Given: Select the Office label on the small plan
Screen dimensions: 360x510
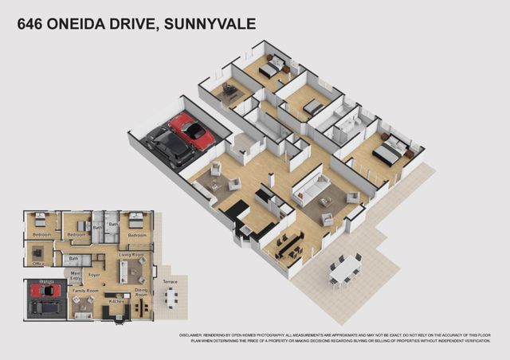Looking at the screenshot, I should click(x=38, y=264).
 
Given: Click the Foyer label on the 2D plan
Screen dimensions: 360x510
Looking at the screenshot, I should click(x=94, y=275).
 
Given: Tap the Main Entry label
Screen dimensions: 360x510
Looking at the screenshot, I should click(x=76, y=276).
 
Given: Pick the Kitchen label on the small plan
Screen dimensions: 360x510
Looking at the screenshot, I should click(x=116, y=301).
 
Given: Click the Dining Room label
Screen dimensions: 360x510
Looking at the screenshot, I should click(x=141, y=292).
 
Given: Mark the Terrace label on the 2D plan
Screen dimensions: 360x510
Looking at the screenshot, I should click(x=170, y=281).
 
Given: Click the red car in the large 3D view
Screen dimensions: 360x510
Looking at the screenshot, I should click(x=192, y=130).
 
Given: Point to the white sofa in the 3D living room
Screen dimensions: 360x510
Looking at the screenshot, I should click(x=312, y=190).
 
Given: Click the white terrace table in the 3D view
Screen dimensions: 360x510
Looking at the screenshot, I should click(x=345, y=271).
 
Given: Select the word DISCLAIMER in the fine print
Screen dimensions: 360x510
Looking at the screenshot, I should click(x=194, y=335).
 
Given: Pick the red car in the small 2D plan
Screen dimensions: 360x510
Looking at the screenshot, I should click(x=45, y=290).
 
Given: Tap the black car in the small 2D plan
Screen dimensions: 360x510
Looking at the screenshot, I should click(x=46, y=307).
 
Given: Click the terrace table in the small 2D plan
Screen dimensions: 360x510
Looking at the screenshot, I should click(x=170, y=296).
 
